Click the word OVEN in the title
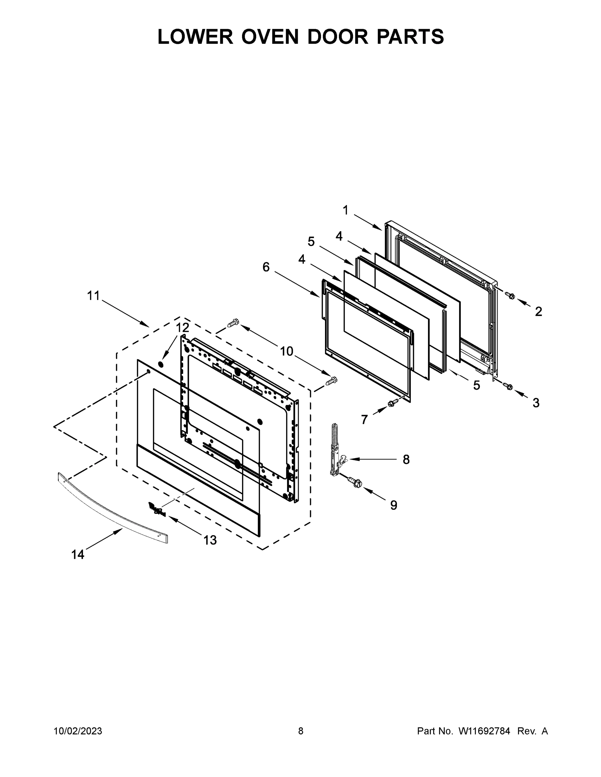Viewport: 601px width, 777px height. pyautogui.click(x=270, y=37)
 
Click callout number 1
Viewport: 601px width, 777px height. pyautogui.click(x=345, y=210)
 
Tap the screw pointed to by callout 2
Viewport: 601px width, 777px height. pyautogui.click(x=510, y=295)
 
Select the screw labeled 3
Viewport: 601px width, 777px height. pyautogui.click(x=508, y=386)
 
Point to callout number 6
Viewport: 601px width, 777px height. pyautogui.click(x=266, y=267)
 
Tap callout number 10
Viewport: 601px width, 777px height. pyautogui.click(x=286, y=352)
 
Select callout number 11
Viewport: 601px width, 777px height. pyautogui.click(x=94, y=296)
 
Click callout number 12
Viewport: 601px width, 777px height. pyautogui.click(x=182, y=327)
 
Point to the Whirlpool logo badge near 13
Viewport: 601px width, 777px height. pyautogui.click(x=157, y=509)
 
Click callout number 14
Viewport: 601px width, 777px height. pyautogui.click(x=78, y=554)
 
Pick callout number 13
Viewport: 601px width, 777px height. pyautogui.click(x=210, y=540)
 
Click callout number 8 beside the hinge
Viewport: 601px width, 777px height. pyautogui.click(x=406, y=460)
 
